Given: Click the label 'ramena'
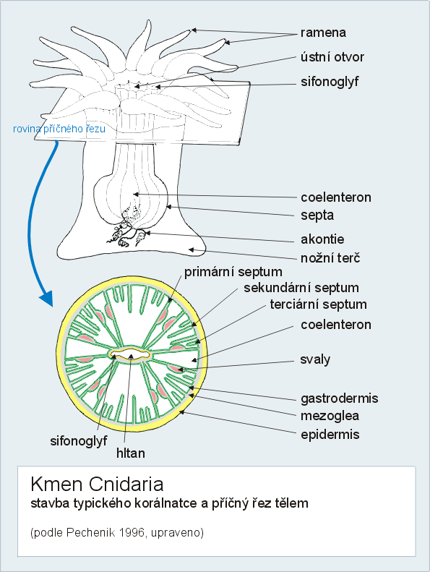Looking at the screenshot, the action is [323, 33].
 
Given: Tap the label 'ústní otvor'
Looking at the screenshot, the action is [332, 57].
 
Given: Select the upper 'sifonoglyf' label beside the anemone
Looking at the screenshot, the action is [330, 82].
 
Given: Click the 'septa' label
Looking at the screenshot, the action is [317, 215].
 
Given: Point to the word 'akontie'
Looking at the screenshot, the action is [322, 239].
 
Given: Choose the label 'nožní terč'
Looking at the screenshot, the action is [330, 258].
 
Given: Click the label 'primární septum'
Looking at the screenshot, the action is [233, 272].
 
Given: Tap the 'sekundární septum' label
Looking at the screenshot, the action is [301, 288].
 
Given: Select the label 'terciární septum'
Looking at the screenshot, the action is [319, 304].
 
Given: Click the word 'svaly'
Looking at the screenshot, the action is [315, 359].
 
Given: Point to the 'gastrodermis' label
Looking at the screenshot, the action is [339, 398].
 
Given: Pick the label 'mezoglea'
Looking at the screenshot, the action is [330, 416].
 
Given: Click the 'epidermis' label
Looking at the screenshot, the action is [330, 435].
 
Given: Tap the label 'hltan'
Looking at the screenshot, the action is [131, 453].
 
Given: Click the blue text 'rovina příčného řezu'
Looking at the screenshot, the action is [59, 129].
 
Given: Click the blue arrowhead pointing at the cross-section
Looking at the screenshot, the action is [47, 298].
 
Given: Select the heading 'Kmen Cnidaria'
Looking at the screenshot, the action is [97, 485].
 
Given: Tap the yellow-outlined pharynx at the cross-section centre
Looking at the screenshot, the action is [130, 354].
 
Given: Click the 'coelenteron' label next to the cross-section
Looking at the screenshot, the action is [336, 325].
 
